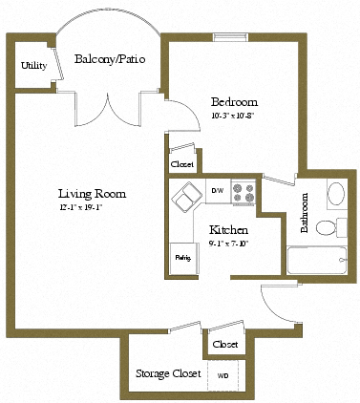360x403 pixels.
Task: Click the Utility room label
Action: pos(33,66)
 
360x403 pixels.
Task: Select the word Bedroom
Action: pos(234,102)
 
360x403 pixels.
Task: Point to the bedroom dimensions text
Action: pos(234,115)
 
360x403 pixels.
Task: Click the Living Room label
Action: pos(92,193)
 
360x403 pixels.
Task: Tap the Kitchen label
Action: pos(229,231)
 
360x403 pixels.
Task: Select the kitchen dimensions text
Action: pos(229,244)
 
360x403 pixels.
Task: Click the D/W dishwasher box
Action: pos(217,190)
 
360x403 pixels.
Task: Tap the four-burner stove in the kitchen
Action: pos(244,193)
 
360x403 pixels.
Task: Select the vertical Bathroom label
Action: pos(306,213)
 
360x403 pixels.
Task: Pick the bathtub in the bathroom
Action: pos(319,259)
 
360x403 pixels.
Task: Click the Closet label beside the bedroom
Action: pos(181,164)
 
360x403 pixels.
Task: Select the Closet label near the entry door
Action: pos(225,344)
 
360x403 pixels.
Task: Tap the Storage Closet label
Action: pos(167,373)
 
